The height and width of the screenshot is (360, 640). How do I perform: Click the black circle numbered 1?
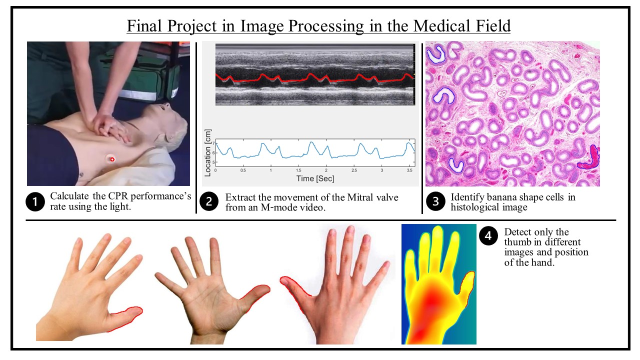point(35,201)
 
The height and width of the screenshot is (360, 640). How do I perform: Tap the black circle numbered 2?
point(209,201)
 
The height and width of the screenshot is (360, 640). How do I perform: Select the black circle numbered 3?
point(435,201)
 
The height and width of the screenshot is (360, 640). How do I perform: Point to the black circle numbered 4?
point(488,235)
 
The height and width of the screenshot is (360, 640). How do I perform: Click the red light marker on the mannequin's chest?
point(112,159)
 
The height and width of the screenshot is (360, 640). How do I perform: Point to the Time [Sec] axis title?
point(315,178)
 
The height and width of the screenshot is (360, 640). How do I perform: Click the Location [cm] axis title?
point(207,153)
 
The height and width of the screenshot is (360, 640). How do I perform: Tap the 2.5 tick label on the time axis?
point(354,170)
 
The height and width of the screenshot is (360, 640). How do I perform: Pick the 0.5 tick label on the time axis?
point(243,170)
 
